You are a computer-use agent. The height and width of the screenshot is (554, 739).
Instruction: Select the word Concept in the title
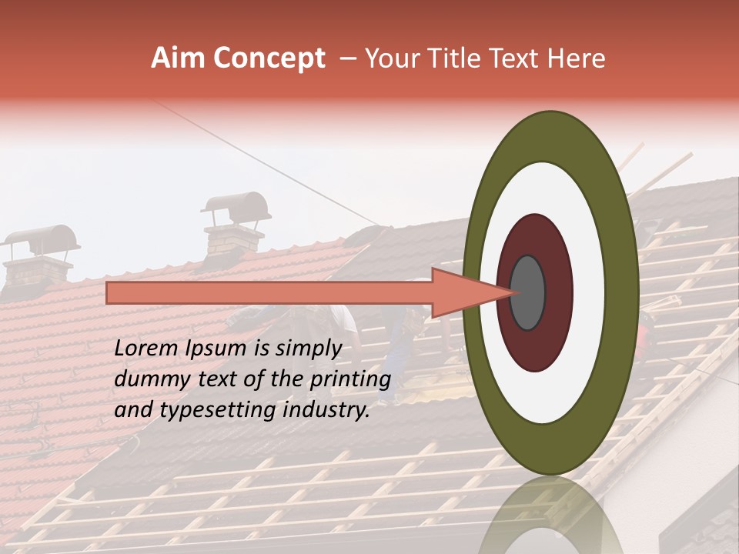click(269, 58)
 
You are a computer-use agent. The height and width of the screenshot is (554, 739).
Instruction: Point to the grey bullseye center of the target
click(527, 292)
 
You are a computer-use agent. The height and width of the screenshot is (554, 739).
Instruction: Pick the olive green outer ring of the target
click(625, 292)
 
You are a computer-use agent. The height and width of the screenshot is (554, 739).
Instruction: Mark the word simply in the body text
click(308, 349)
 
